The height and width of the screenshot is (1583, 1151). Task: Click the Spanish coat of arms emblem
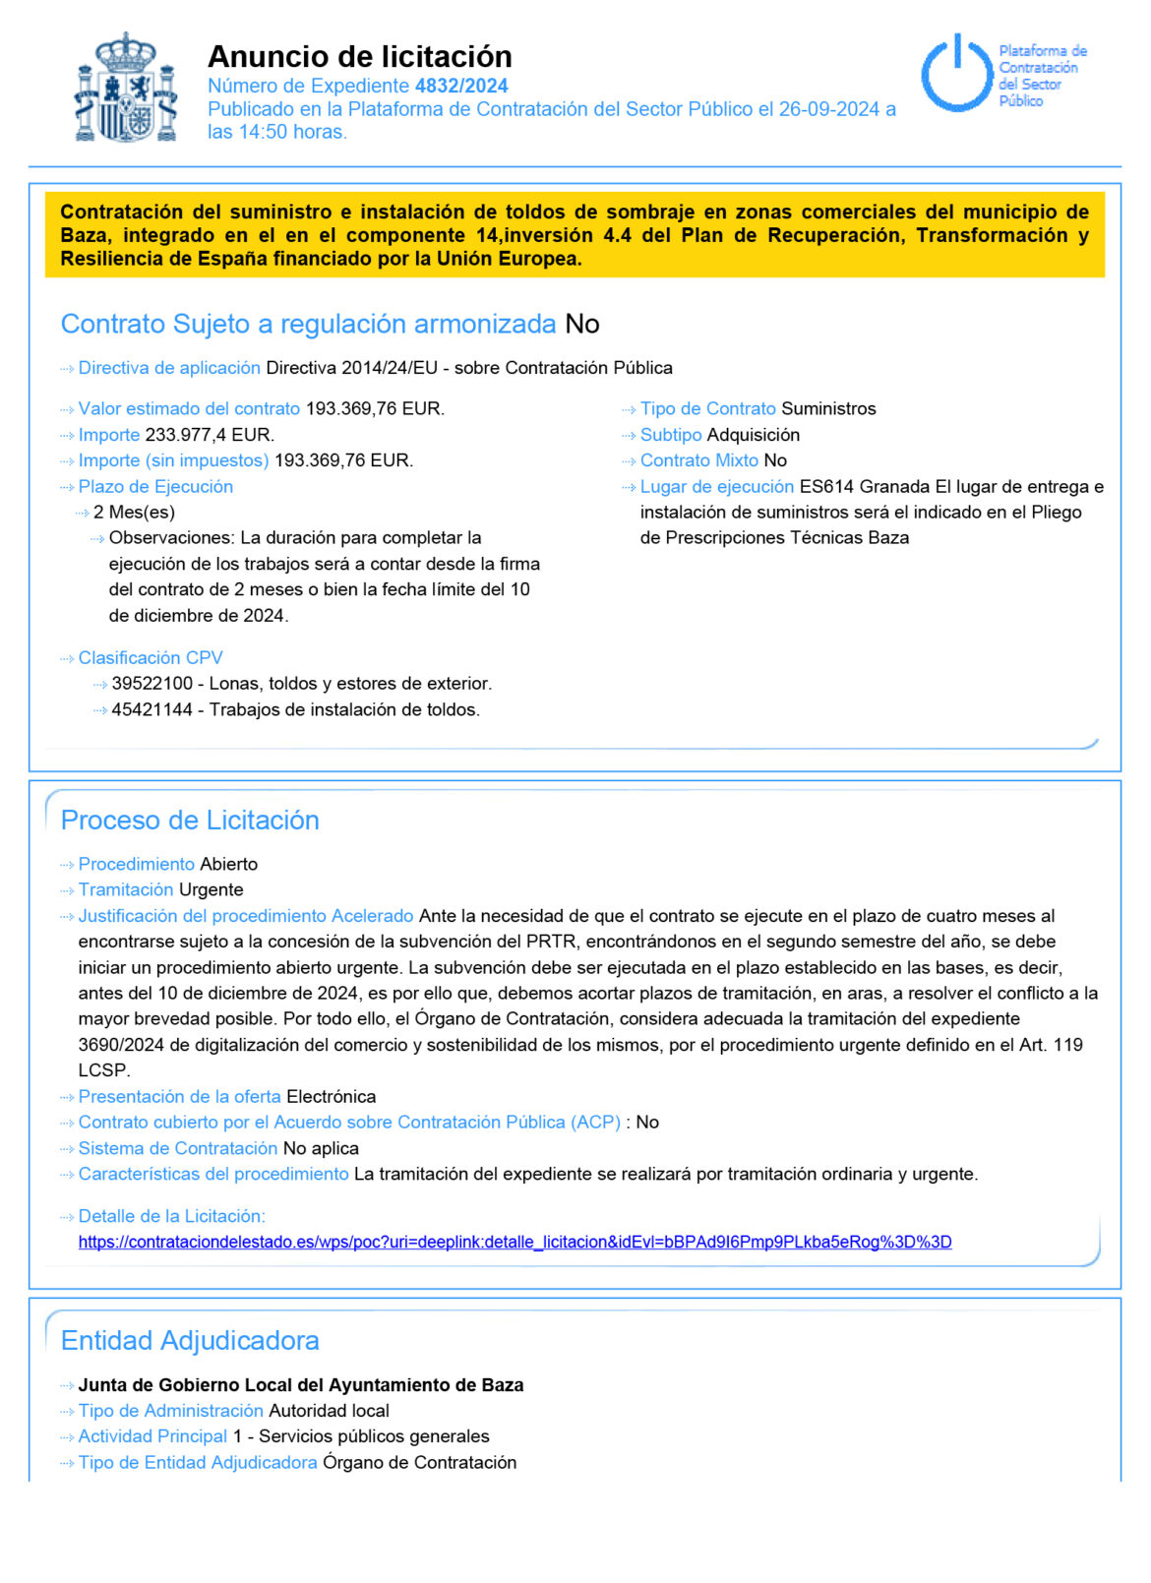pos(126,89)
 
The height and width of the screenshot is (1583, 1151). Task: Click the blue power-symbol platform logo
pos(955,74)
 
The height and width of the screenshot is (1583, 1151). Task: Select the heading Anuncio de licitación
pos(359,56)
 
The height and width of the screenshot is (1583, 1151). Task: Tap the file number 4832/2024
pos(461,86)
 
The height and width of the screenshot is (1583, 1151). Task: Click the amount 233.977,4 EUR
pos(210,435)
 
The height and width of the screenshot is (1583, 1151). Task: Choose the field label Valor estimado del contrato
pos(189,408)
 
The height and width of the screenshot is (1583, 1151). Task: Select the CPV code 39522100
pos(151,684)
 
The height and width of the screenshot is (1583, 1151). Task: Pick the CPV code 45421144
pos(151,709)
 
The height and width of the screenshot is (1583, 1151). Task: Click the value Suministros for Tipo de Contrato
pos(828,408)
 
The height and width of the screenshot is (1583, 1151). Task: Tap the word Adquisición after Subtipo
pos(753,435)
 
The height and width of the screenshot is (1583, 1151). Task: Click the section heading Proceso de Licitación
pos(190,821)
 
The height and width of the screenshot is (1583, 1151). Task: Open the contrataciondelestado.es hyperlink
pos(515,1242)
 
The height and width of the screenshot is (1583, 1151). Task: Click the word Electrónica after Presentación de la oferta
pos(331,1096)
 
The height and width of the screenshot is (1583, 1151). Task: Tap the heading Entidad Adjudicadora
pos(190,1340)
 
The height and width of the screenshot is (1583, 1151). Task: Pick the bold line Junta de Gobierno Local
pos(300,1385)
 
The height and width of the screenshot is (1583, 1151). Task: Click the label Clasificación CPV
pos(151,657)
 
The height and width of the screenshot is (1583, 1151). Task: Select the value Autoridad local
pos(329,1411)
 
